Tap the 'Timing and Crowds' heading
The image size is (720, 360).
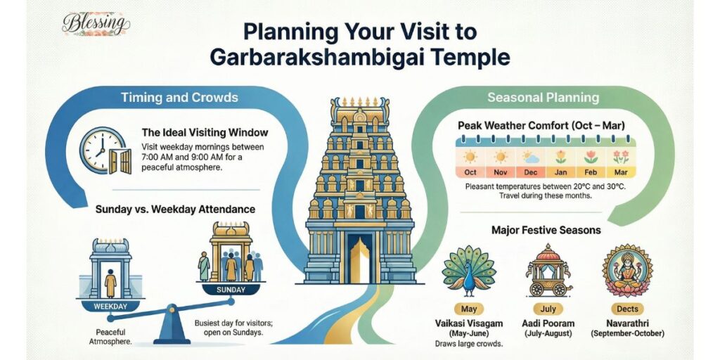click(x=179, y=97)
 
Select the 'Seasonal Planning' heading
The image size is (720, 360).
click(x=544, y=97)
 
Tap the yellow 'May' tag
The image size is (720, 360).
click(x=468, y=309)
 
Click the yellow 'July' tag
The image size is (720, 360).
click(x=548, y=309)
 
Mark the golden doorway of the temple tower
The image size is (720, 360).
click(x=359, y=259)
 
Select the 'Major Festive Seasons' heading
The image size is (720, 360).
click(x=547, y=229)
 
